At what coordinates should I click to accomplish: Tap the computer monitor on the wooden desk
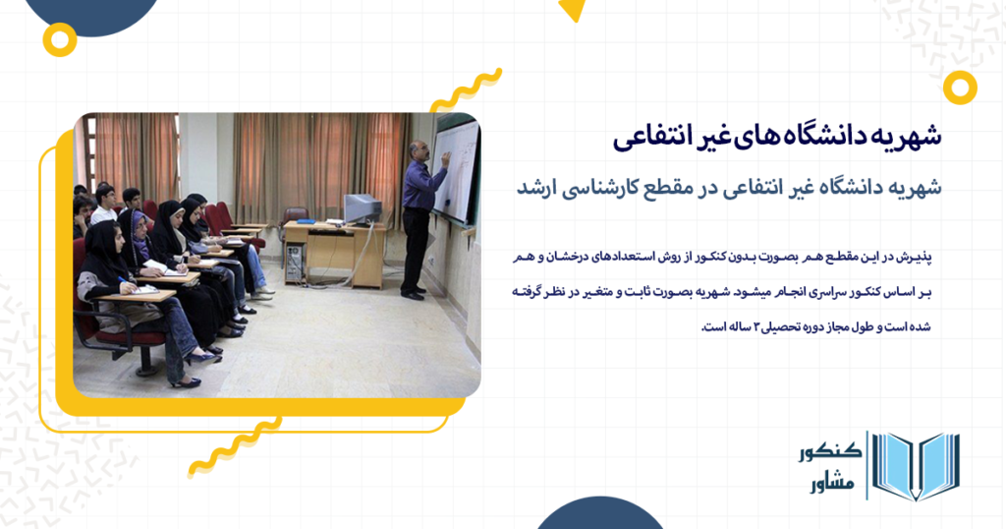point(361,208)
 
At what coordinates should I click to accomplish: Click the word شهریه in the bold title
point(908,138)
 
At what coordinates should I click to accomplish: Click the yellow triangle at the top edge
point(572,10)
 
